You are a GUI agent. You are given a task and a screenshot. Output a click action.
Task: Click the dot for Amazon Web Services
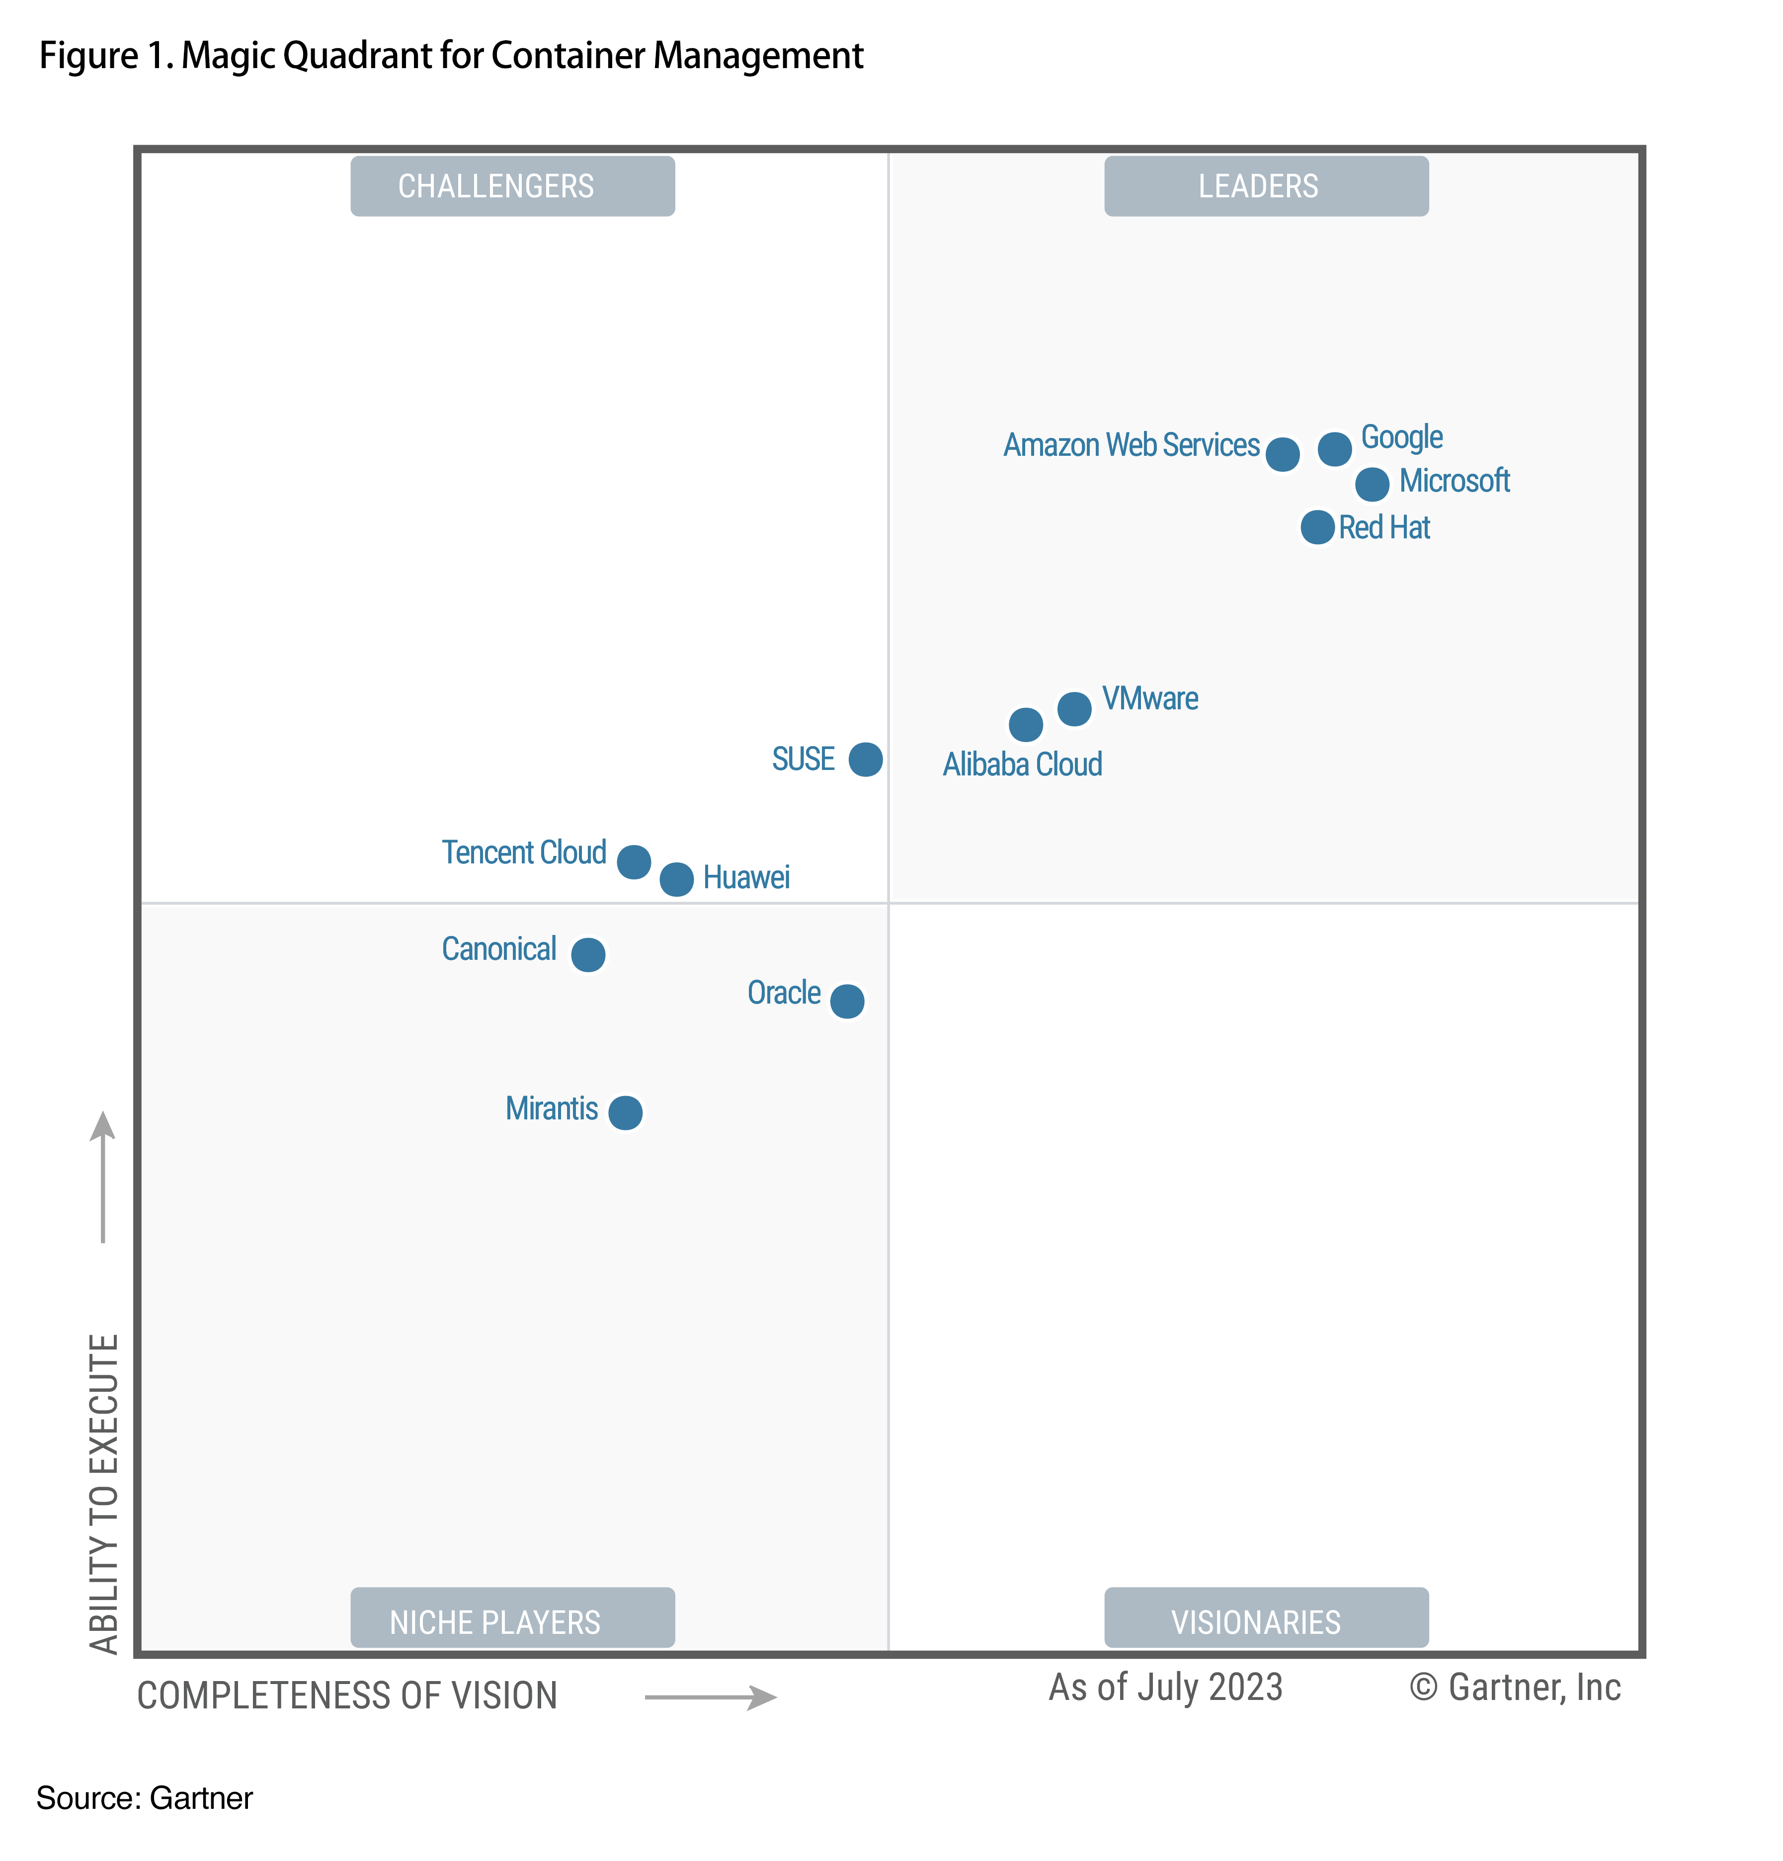1282,455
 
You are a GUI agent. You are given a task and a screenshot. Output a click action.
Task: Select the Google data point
1334,448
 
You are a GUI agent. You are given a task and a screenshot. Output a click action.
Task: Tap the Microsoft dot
1371,484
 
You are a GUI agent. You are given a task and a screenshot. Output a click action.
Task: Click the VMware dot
1074,708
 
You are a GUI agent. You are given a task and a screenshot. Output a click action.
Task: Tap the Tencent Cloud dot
633,862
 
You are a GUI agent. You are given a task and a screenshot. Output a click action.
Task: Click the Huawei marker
676,879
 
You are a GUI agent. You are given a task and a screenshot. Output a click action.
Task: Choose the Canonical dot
588,954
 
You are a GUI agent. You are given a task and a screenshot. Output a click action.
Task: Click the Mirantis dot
625,1112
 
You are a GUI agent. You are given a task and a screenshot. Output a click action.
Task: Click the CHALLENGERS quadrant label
513,186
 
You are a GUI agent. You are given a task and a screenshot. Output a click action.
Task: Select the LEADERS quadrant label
1266,186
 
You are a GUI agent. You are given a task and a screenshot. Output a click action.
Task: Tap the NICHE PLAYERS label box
513,1621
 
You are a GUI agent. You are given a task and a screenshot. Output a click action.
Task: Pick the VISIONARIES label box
1266,1621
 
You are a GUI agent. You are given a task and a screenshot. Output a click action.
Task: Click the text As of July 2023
1165,1687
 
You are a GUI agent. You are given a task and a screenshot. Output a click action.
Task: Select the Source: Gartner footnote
144,1798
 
